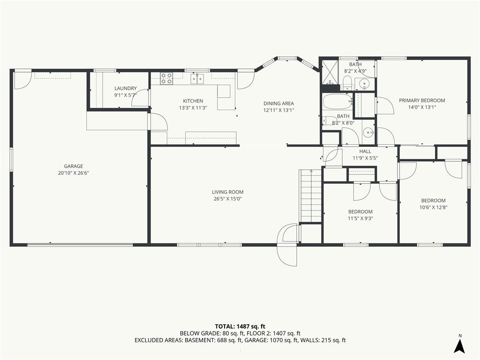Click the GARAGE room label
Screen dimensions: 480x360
(74, 166)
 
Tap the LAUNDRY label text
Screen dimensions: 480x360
(126, 89)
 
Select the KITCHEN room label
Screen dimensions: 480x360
(193, 101)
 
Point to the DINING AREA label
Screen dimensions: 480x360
(278, 104)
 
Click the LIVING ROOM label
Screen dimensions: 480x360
(228, 192)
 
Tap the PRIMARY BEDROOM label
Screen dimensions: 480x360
(422, 100)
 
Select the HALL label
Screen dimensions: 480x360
(365, 151)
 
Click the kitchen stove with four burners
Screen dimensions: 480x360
(166, 78)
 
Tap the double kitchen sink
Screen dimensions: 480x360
(197, 78)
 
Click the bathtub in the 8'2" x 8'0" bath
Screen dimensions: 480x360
(337, 101)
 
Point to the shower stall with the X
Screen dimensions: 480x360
(330, 72)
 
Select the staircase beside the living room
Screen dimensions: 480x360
(311, 195)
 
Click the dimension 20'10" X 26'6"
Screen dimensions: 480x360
(74, 173)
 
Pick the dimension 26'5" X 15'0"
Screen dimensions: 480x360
(228, 199)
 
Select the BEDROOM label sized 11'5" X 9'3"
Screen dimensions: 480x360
(360, 212)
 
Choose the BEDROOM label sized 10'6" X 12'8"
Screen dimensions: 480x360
(433, 201)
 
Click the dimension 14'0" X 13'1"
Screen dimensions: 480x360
(422, 107)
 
